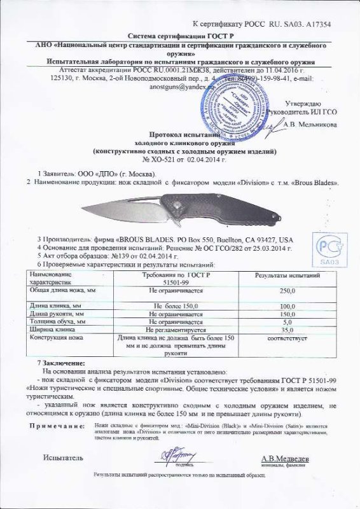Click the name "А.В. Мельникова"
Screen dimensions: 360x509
coord(310,125)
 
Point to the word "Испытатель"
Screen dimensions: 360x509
coord(63,458)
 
